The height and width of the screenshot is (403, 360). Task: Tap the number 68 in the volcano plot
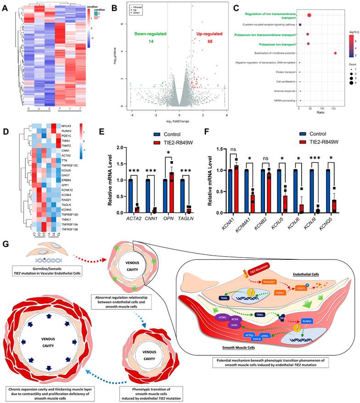pos(202,42)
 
